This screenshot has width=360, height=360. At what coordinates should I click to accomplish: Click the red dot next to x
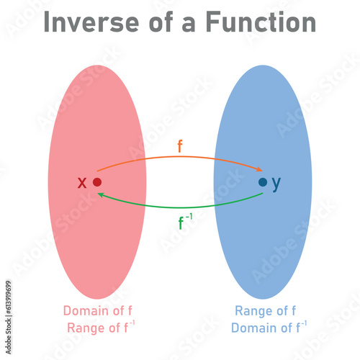click(97, 182)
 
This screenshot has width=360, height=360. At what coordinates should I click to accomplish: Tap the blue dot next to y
click(263, 182)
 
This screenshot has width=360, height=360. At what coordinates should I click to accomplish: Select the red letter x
click(82, 183)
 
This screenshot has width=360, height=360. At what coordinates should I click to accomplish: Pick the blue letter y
click(276, 184)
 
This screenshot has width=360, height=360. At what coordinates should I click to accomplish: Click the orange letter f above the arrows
click(180, 146)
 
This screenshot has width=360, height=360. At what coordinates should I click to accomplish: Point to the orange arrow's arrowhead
click(258, 169)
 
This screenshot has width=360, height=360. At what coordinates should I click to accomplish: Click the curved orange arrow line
click(180, 157)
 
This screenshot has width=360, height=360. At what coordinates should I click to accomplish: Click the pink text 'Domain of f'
click(97, 311)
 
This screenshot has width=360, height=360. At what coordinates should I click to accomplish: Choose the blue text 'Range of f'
click(265, 311)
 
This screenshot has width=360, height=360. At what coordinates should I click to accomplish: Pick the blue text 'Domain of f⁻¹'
click(269, 328)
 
